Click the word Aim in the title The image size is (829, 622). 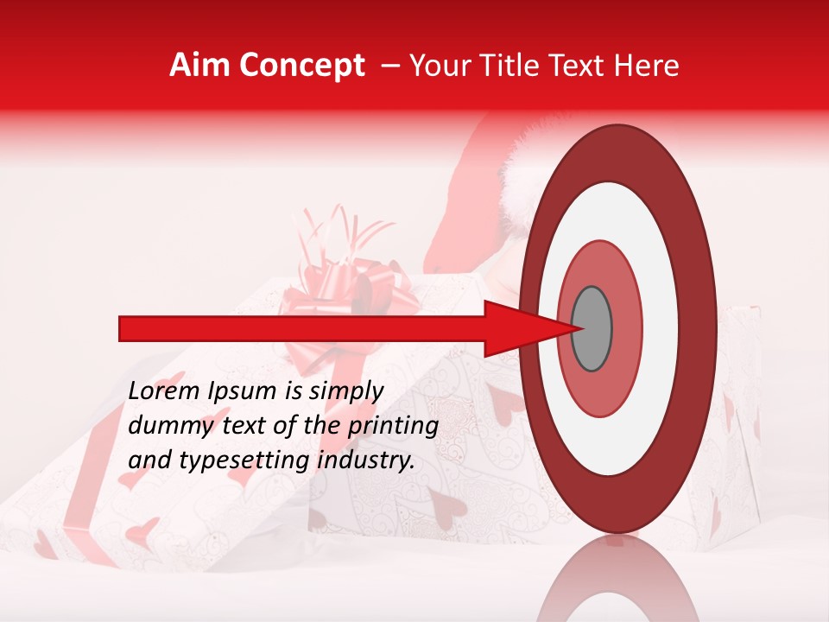200,66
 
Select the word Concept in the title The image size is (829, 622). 301,66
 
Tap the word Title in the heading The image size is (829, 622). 515,66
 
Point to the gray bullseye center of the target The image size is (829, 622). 592,329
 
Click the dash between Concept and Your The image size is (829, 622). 389,66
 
